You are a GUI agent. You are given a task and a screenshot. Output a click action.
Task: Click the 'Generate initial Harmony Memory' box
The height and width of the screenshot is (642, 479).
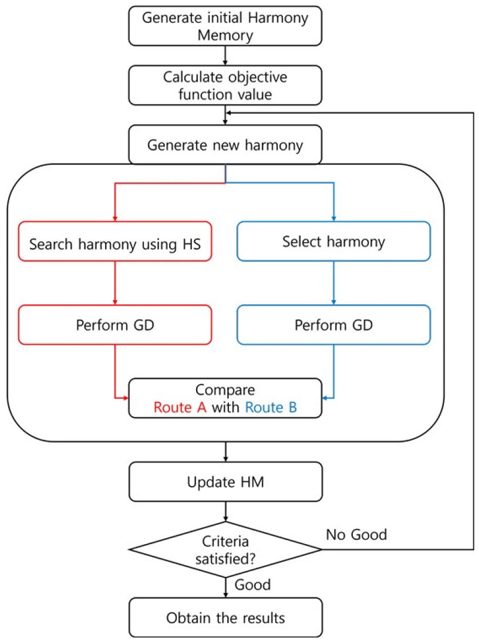point(225,26)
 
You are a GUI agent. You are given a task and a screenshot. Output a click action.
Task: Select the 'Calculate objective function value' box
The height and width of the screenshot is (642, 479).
point(225,85)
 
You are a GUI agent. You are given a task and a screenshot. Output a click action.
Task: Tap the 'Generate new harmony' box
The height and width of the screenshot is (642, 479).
point(225,144)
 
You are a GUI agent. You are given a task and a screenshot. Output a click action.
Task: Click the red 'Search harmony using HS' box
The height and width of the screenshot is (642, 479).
point(115,242)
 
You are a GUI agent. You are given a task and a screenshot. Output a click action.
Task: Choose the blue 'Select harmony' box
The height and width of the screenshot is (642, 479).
point(334,242)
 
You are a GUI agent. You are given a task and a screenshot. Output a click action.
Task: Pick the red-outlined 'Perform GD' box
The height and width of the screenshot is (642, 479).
point(115,324)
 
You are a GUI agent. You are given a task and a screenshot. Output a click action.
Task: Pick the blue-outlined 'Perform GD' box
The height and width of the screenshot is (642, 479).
point(334,324)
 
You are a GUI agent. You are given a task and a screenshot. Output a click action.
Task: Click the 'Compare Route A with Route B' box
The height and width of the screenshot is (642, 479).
point(225,398)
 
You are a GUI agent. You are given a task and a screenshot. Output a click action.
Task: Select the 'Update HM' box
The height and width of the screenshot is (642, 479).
point(225,483)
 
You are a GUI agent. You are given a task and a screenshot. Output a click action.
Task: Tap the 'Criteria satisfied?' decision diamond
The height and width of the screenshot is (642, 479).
point(225,550)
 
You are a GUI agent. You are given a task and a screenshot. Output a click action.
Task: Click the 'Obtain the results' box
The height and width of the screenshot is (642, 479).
point(225,617)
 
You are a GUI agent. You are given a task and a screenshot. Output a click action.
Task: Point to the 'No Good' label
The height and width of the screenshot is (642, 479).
point(357,534)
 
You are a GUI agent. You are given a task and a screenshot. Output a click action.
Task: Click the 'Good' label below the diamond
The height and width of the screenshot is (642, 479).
point(252,585)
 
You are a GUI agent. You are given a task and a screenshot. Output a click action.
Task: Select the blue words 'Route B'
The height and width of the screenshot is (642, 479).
point(271,407)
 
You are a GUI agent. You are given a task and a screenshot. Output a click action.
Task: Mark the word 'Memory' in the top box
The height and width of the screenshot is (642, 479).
point(225,35)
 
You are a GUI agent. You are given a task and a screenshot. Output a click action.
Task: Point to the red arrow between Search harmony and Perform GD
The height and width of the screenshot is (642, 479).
point(115,283)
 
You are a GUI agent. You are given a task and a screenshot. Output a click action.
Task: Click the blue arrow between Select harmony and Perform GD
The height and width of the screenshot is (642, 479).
point(334,283)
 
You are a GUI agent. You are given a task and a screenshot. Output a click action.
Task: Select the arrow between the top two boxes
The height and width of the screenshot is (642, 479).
point(225,55)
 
